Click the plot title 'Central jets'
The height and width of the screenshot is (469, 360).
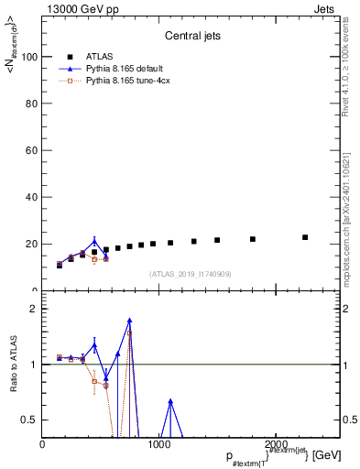pos(191,38)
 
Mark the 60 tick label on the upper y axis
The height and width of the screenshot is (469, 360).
pos(32,150)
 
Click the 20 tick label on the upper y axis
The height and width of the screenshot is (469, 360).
pos(32,244)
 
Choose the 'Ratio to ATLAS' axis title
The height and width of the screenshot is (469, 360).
pos(16,365)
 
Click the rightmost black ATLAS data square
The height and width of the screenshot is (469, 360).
pos(305,237)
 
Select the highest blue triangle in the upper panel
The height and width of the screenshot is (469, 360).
pos(94,242)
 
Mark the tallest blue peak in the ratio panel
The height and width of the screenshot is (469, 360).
pos(130,321)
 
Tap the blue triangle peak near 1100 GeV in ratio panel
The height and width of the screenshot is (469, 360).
pos(170,401)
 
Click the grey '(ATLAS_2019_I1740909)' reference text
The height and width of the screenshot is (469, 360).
pos(191,274)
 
